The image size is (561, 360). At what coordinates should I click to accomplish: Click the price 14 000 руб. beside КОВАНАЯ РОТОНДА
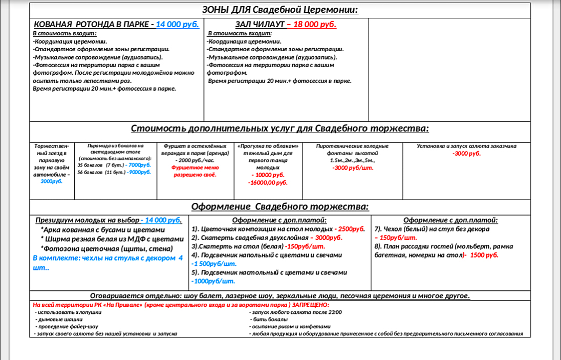click(x=177, y=24)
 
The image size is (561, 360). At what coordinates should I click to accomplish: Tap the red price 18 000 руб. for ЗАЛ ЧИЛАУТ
click(x=314, y=24)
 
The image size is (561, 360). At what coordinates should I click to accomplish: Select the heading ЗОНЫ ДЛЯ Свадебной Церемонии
click(x=279, y=10)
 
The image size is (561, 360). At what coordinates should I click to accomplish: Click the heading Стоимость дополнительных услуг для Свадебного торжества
click(x=279, y=129)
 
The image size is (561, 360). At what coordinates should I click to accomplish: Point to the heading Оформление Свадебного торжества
click(x=279, y=207)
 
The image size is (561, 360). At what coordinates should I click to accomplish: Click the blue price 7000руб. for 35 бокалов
click(x=139, y=165)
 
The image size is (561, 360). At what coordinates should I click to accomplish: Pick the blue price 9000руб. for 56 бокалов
click(x=139, y=172)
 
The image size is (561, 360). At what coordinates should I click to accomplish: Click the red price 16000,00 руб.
click(x=268, y=182)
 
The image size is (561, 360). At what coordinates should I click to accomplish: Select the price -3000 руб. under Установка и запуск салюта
click(x=466, y=154)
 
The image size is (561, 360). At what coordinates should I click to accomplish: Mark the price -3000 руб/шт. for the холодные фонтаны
click(x=353, y=168)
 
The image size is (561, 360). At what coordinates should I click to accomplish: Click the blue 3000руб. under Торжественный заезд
click(x=51, y=181)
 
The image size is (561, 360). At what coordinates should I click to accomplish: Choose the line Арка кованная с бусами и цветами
click(x=108, y=229)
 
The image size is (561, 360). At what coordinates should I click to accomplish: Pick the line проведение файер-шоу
click(x=66, y=326)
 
